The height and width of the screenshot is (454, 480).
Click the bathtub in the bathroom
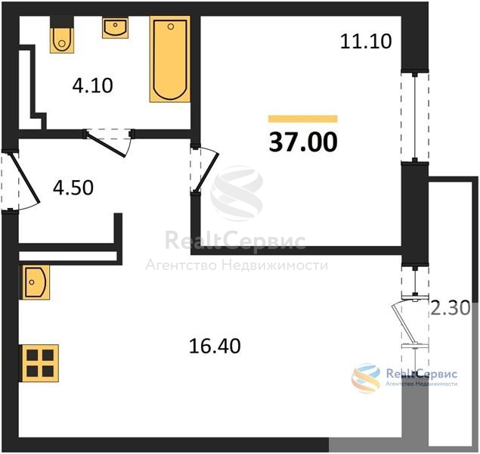pos(170,59)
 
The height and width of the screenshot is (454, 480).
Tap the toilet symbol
pos(62,40)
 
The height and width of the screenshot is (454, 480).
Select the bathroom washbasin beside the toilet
pos(115,27)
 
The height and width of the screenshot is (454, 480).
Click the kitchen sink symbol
pos(35,282)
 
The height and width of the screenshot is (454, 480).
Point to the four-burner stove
pos(39,363)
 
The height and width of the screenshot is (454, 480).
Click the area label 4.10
pos(93,86)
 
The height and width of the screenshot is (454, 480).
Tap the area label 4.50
pos(73,188)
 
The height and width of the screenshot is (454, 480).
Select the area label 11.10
pos(366,42)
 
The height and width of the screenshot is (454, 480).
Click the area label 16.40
pos(215,346)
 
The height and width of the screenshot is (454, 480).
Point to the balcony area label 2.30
pos(451,308)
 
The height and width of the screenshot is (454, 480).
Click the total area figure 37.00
pos(303,142)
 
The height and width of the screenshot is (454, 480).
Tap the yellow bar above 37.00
pos(303,119)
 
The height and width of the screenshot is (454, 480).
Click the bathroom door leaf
pos(106,144)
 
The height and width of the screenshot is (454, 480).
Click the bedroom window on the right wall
pos(415,117)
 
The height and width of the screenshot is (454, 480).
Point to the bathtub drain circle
pos(171,26)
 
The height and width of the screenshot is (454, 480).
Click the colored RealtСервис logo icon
pos(366,378)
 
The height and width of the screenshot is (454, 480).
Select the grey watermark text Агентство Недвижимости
pos(237,265)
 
